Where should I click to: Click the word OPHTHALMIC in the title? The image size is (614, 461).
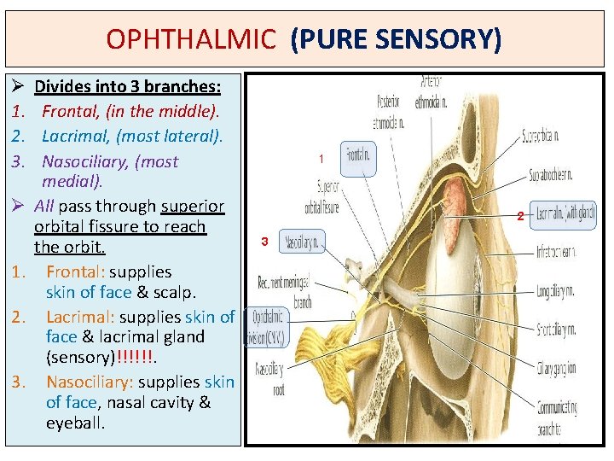tap(191, 38)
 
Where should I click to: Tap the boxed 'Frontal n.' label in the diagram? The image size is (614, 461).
tap(357, 156)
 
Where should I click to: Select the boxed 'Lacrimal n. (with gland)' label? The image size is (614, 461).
tap(564, 215)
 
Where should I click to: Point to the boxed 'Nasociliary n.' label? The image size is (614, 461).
tap(300, 243)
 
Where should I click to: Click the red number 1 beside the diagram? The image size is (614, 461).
tap(321, 159)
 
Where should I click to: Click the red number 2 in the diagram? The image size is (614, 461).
tap(519, 216)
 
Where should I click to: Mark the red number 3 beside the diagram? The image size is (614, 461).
tap(264, 242)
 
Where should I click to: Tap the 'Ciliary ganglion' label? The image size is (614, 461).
tap(556, 368)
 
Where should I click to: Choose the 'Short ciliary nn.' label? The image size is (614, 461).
tap(555, 329)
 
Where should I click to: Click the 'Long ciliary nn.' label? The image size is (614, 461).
tap(556, 291)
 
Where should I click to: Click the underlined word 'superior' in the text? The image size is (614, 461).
tap(193, 207)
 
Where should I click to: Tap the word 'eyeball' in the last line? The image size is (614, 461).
tap(75, 423)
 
